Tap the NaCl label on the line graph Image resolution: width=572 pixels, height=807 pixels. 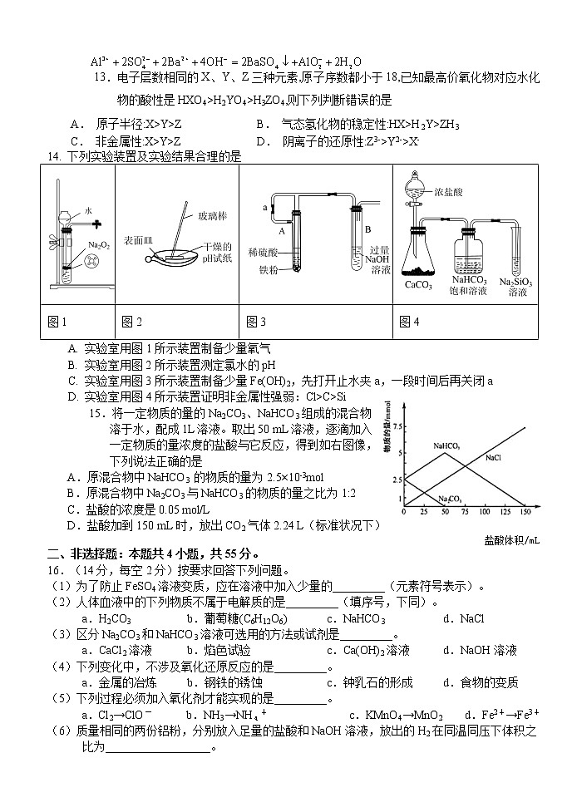493,457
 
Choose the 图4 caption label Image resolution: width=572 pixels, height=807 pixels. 408,322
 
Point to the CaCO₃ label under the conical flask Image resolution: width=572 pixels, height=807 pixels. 419,286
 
